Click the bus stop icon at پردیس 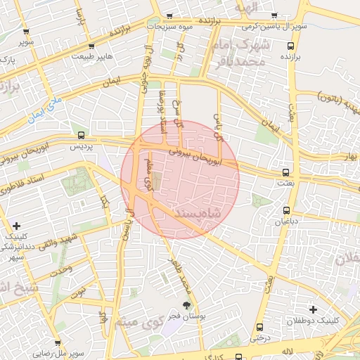82,135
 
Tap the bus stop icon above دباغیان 286,210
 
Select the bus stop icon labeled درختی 260,327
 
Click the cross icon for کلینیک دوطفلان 313,309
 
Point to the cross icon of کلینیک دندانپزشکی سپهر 16,226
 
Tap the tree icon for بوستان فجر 186,305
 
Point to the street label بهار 352,154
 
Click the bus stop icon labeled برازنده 290,46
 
